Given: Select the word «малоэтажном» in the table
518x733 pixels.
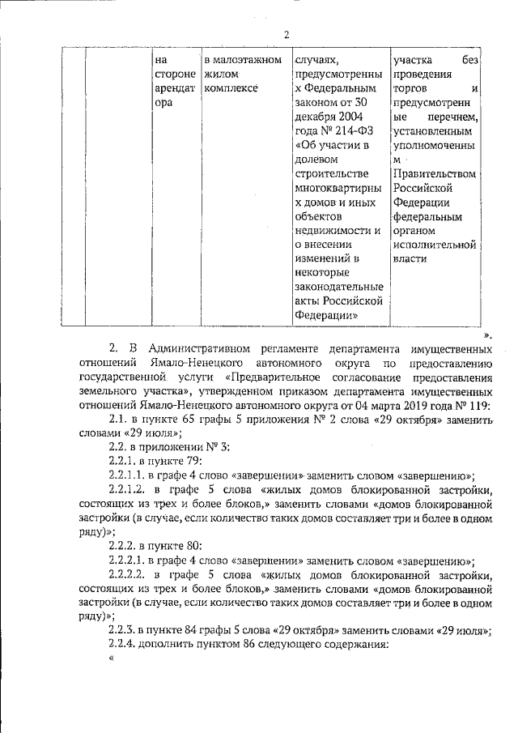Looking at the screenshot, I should coord(242,59).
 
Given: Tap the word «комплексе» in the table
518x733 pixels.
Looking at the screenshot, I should coord(231,88).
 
